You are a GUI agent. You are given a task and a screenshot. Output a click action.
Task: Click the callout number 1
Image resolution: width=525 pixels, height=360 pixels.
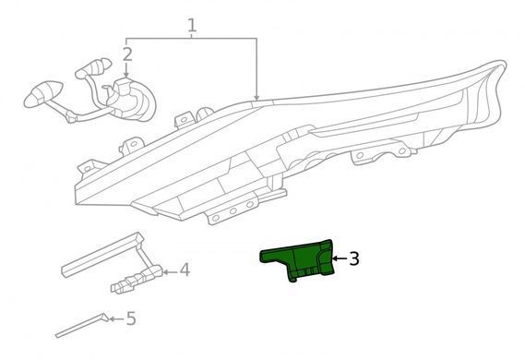click(x=191, y=26)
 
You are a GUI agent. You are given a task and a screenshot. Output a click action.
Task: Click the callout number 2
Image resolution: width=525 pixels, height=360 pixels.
click(x=127, y=54)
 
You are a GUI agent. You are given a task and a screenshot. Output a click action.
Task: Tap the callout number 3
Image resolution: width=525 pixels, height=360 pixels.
click(x=354, y=258)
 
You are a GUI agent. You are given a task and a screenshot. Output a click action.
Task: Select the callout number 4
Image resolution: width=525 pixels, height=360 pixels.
click(x=185, y=270)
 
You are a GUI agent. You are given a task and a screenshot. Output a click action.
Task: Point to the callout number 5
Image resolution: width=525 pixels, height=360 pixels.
click(x=131, y=318)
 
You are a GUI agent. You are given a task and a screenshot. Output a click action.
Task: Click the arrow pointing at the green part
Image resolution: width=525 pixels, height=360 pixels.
click(x=340, y=258)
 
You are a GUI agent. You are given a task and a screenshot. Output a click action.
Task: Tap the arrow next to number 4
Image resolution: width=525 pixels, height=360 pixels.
click(x=170, y=272)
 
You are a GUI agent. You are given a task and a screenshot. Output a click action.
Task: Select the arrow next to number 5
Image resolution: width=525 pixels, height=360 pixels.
click(x=116, y=318)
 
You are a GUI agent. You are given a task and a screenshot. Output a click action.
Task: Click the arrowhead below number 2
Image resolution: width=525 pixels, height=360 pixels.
click(x=126, y=76)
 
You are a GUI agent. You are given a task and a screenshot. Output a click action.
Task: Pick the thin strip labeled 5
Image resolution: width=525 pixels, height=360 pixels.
click(x=82, y=325)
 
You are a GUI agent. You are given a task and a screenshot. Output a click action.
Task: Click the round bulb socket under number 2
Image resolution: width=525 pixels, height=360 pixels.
click(x=132, y=100)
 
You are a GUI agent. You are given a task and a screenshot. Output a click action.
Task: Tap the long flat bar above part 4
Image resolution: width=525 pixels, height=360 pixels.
click(x=102, y=255)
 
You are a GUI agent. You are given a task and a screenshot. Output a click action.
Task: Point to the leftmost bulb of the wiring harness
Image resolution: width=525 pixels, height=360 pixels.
click(x=42, y=94)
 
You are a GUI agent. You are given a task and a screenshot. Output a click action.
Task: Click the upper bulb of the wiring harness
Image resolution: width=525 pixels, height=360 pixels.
click(x=93, y=68)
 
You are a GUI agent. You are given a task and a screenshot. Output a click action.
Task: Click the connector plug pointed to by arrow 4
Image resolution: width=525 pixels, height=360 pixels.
click(x=136, y=280)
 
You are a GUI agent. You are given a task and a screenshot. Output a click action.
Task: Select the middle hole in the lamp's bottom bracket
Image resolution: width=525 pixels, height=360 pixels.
click(x=233, y=211)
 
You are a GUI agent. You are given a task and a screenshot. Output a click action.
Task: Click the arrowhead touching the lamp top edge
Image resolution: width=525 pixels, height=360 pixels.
click(x=257, y=97)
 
